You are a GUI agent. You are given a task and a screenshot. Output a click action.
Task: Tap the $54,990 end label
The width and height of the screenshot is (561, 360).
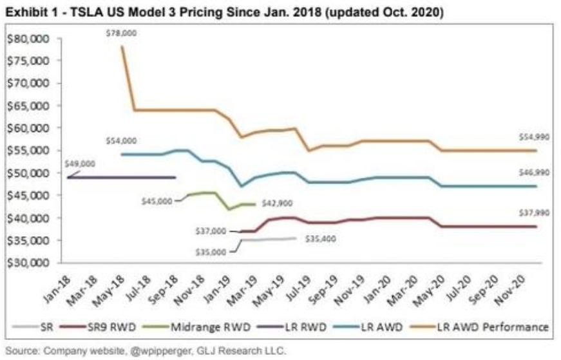coord(531,138)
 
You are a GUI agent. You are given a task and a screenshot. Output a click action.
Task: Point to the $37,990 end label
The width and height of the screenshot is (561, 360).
coord(531,213)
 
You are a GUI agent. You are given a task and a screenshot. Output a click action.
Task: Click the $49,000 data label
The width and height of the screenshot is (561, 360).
coord(80,164)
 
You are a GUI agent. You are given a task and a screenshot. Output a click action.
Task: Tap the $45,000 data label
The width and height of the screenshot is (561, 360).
coord(157,201)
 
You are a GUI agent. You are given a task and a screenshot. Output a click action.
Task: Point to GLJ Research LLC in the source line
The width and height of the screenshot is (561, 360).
coord(240,351)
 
